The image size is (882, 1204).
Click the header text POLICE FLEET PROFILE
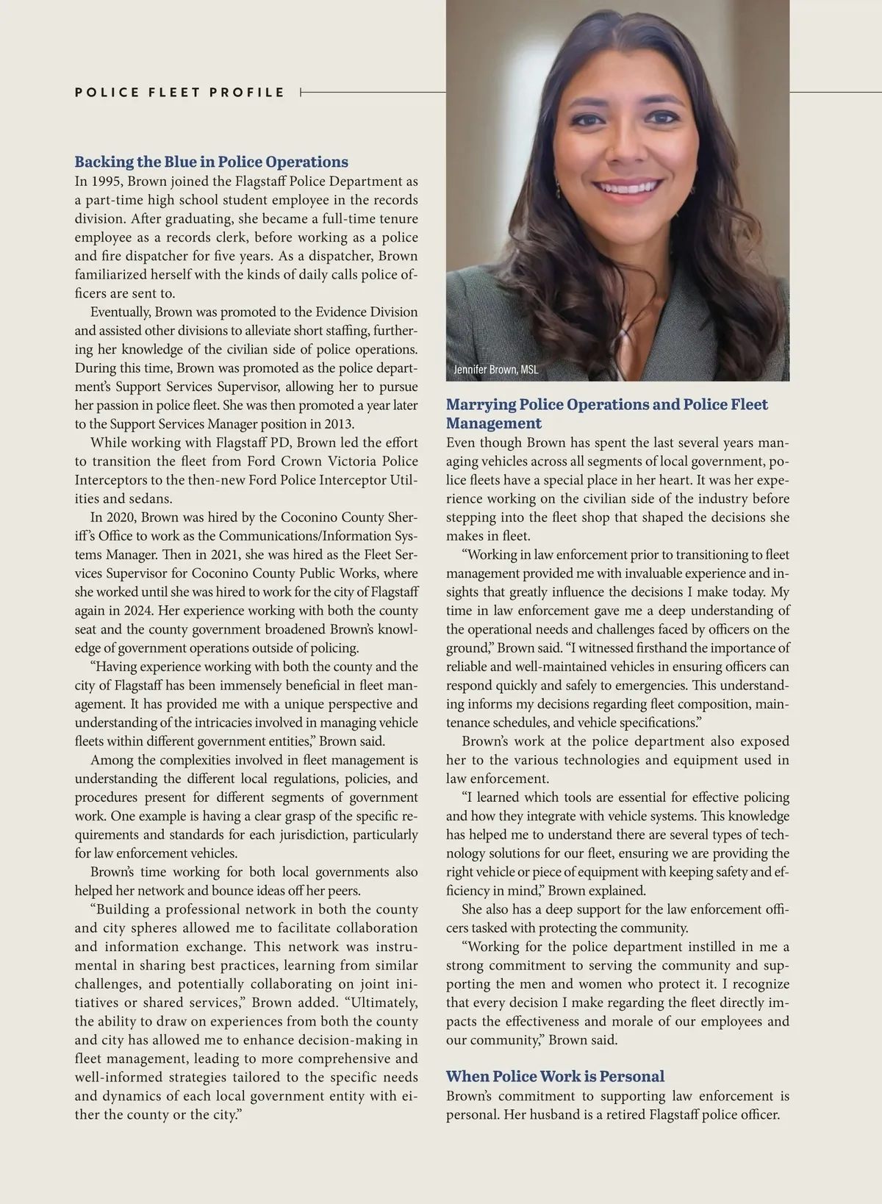pos(179,93)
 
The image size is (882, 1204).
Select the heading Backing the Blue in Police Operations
pos(212,162)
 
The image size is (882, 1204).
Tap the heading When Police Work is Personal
pos(555,1077)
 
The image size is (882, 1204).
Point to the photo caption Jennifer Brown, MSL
pos(496,370)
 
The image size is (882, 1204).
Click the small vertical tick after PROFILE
pos(301,93)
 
